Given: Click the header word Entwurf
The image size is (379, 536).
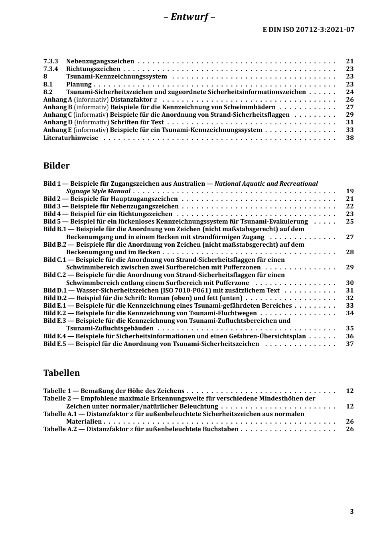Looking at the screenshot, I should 189,17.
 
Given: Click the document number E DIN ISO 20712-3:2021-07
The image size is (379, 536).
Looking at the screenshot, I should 308,29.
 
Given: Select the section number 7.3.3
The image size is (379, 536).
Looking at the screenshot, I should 51,61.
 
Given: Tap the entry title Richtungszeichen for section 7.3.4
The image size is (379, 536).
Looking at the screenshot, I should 93,69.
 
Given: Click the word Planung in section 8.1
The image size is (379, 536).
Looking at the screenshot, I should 79,84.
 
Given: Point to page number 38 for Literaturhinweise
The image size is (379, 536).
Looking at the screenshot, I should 349,138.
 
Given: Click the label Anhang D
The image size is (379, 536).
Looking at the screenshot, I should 58,122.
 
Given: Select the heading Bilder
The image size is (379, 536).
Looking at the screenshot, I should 56,166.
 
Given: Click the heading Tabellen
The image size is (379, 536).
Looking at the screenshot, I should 61,373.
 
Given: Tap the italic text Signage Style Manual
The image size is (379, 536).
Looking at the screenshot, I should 98,191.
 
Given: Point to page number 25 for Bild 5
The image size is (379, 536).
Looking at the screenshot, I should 349,222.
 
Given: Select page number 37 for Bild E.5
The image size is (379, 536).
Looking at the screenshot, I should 349,344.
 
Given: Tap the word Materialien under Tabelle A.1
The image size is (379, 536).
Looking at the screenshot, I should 84,422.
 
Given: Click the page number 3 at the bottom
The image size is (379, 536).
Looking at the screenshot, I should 351,512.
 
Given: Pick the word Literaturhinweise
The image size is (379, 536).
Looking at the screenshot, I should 71,138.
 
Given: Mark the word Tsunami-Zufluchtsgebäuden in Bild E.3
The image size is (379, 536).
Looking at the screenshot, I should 110,328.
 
